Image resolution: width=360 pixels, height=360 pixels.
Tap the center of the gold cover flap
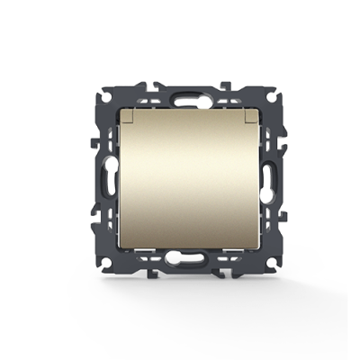pos(180,180)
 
